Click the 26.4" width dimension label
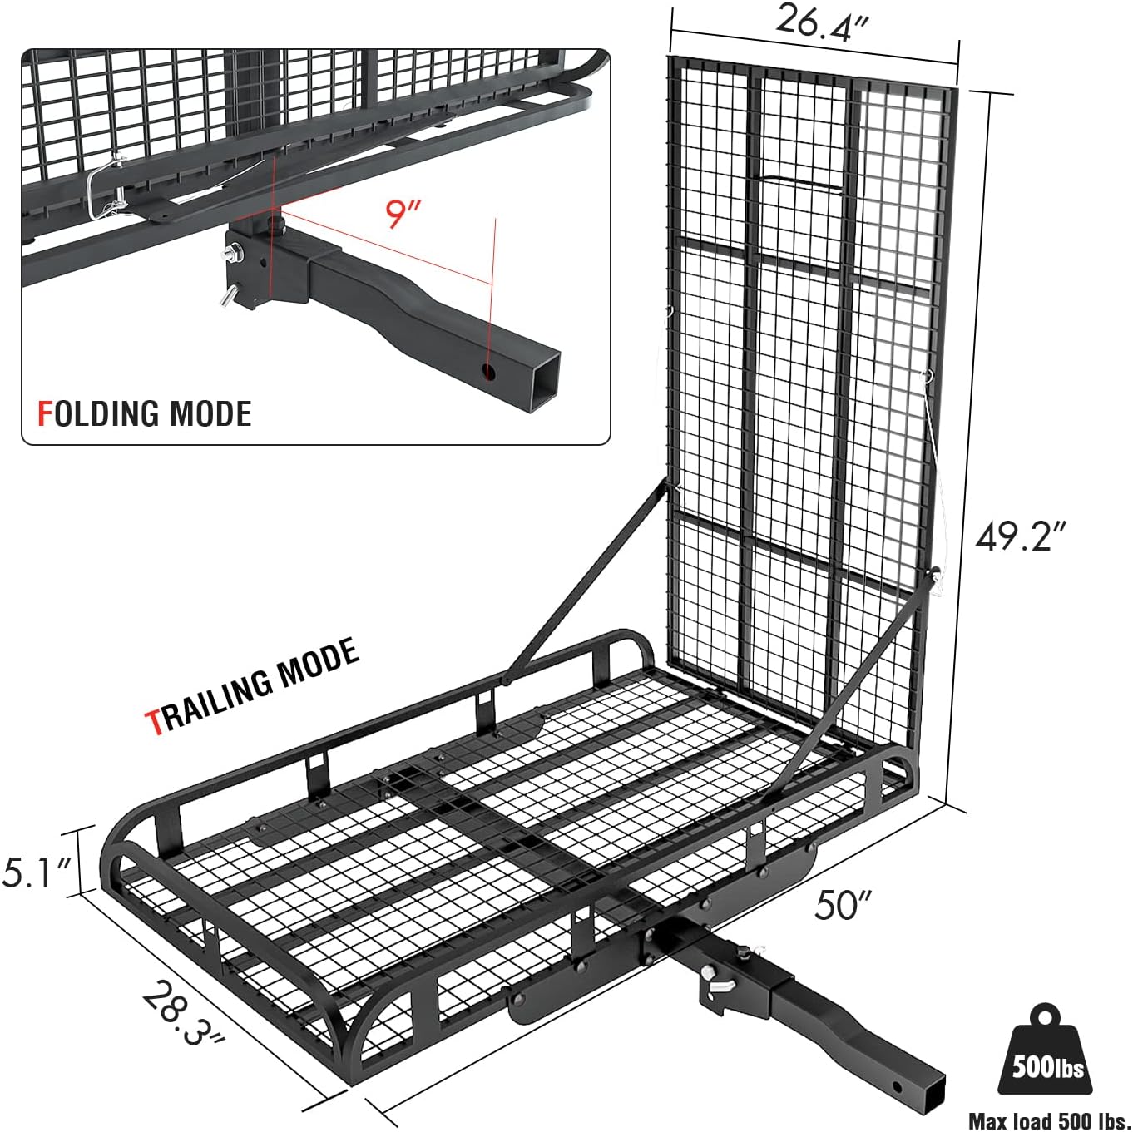click(x=821, y=22)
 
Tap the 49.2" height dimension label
click(x=1021, y=536)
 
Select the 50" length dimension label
click(x=843, y=904)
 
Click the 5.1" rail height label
click(x=37, y=872)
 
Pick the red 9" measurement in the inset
click(x=403, y=213)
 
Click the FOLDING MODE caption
click(x=145, y=413)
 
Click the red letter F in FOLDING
click(x=45, y=413)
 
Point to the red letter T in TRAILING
click(x=155, y=722)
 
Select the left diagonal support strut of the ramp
click(x=582, y=582)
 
